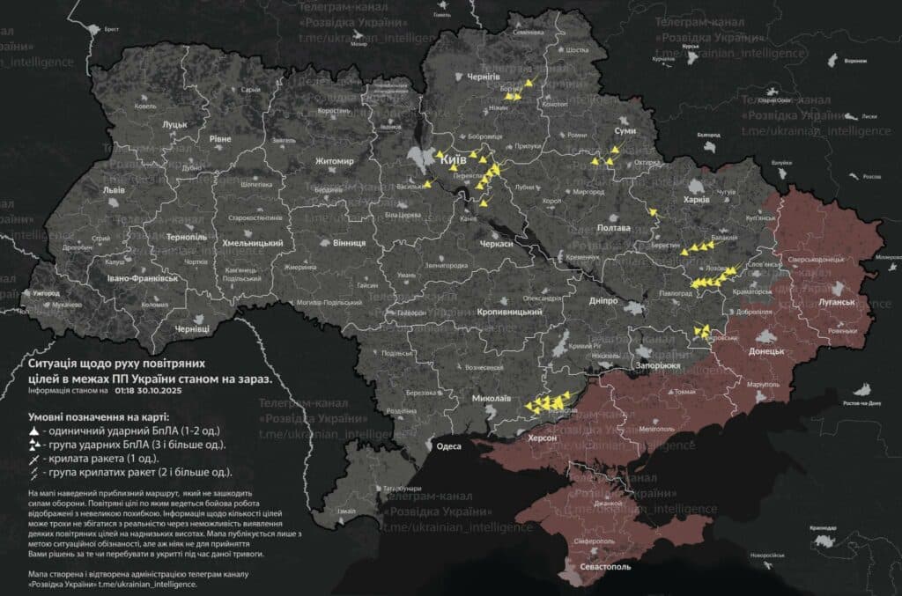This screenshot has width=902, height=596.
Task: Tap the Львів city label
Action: click(115, 190)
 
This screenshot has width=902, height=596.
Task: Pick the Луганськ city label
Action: click(837, 302)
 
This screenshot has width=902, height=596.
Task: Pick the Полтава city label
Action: click(614, 227)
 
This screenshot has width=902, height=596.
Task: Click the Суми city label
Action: click(625, 130)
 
